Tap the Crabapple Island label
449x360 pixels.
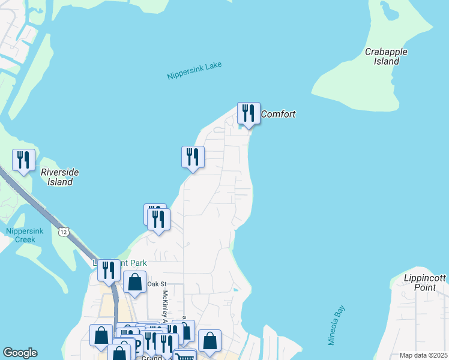386,56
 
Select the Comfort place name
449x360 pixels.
279,114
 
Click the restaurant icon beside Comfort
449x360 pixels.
249,113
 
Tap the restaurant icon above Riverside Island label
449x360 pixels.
23,160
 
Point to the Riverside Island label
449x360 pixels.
59,177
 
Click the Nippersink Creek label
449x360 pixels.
20,235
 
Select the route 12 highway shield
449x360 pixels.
64,231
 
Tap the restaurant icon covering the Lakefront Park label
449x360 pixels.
109,270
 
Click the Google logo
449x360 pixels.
20,353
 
